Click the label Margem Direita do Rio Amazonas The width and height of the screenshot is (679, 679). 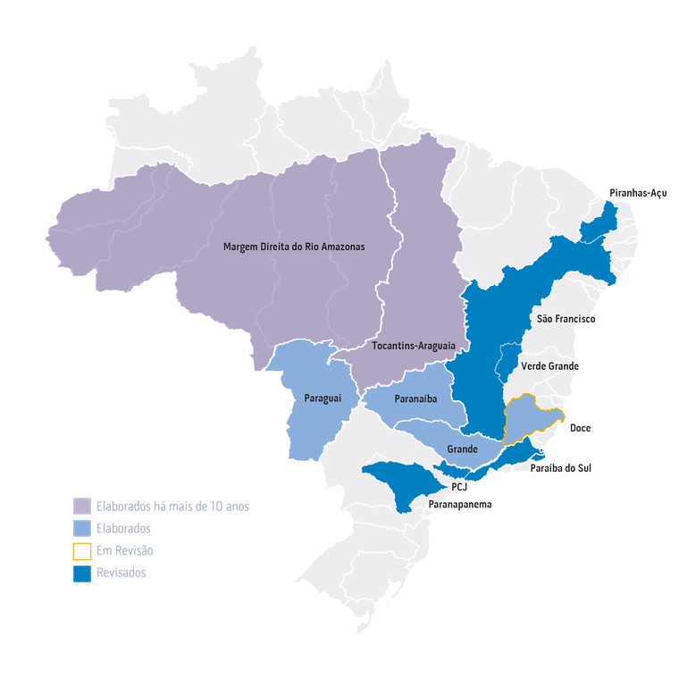tap(294, 246)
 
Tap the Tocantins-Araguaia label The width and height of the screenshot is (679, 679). tap(414, 345)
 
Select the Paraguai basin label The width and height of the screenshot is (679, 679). tap(322, 397)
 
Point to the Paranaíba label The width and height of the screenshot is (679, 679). tap(413, 399)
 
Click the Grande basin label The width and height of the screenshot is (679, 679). tap(462, 448)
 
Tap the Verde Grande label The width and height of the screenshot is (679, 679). tap(549, 366)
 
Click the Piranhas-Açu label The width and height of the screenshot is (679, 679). tap(637, 193)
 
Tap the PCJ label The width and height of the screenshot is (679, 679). tap(461, 487)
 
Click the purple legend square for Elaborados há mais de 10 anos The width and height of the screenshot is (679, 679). tap(82, 506)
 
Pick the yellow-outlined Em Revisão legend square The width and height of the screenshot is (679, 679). tap(82, 550)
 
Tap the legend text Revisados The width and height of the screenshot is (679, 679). tap(121, 574)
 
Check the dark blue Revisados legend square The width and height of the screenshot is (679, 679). tap(82, 574)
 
